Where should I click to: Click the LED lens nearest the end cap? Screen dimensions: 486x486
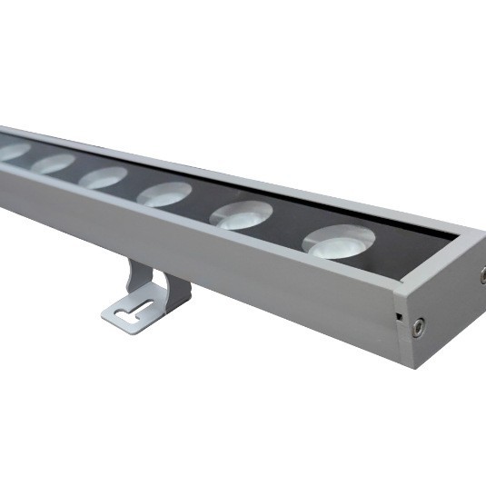(339, 242)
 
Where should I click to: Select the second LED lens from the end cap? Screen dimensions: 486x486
(242, 215)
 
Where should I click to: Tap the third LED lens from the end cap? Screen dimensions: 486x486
(164, 193)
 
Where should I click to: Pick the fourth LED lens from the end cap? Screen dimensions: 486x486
(103, 177)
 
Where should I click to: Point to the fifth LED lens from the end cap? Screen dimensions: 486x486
(53, 164)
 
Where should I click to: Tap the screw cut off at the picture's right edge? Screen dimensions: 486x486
(482, 274)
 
